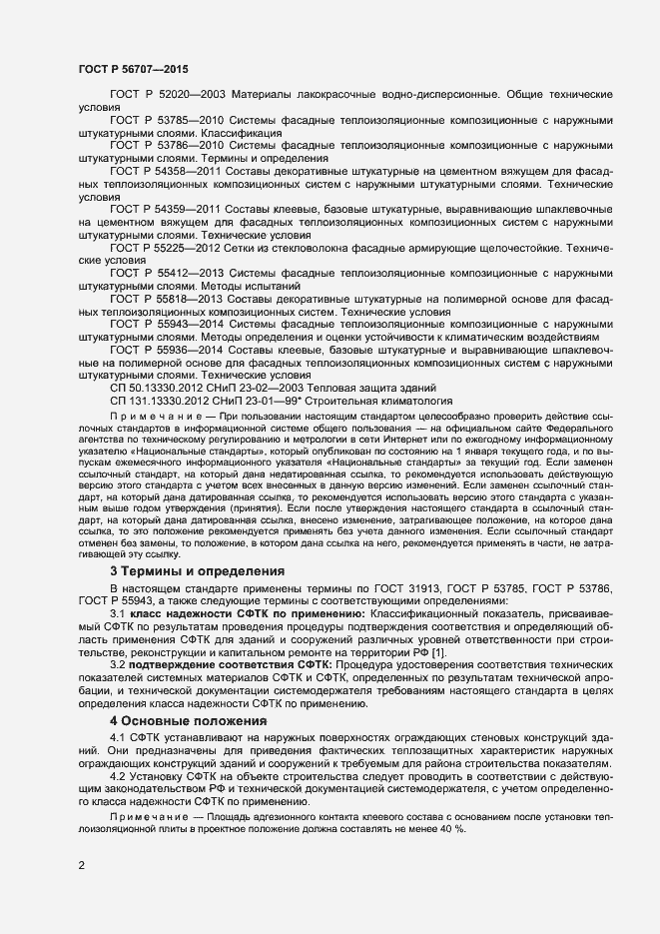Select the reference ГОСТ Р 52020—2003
click(x=168, y=94)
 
